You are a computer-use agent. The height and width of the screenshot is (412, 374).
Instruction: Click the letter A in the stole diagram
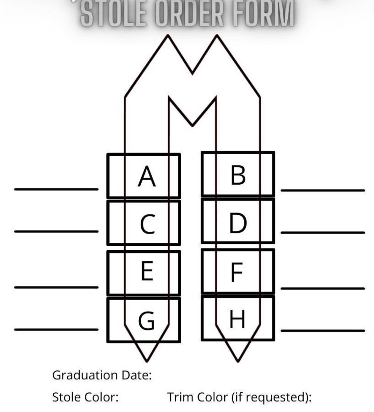click(x=147, y=176)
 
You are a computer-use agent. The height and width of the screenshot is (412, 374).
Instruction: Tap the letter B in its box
click(x=238, y=175)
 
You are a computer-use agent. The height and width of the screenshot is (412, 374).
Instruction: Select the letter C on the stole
click(x=148, y=224)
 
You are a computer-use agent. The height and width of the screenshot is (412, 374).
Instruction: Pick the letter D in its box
click(x=238, y=223)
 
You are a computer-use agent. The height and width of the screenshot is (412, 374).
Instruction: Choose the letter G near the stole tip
click(x=146, y=320)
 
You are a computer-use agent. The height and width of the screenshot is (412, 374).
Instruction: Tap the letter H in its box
click(x=237, y=319)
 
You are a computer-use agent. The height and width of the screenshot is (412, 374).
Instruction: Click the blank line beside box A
click(x=56, y=189)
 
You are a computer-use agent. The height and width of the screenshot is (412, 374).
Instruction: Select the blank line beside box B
click(x=323, y=190)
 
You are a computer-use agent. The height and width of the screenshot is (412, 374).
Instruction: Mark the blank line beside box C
click(x=56, y=232)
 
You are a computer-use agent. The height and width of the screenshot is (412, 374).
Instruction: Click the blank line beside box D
click(x=323, y=233)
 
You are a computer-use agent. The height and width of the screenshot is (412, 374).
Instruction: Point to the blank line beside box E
click(x=56, y=287)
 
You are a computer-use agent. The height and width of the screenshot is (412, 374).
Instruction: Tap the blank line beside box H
click(x=323, y=331)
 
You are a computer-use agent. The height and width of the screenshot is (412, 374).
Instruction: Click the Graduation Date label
click(x=102, y=375)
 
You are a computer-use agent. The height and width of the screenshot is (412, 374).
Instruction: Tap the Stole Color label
click(x=86, y=397)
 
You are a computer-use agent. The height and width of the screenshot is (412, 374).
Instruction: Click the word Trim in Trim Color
click(x=180, y=397)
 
